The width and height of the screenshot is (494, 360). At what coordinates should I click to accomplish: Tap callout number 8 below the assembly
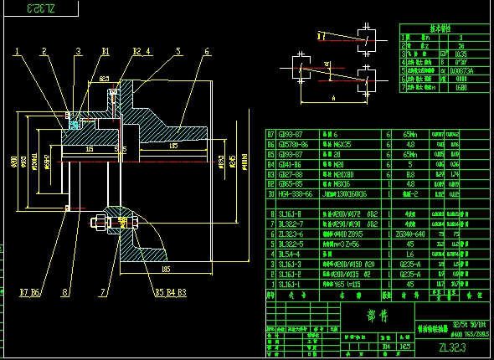(64, 293)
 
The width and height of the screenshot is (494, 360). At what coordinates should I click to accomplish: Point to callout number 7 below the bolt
(104, 293)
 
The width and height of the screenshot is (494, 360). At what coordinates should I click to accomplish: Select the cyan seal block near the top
(75, 125)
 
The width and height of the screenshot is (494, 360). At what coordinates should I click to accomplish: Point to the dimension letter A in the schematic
(333, 98)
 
